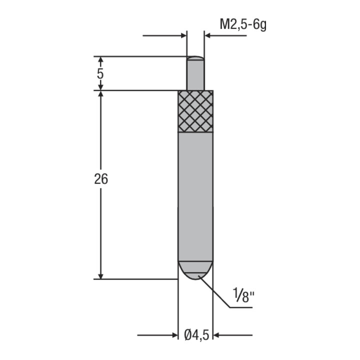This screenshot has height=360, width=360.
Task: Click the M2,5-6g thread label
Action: tap(243, 24)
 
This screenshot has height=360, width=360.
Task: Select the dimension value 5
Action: tap(100, 73)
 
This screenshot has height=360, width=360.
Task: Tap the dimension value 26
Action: tap(101, 179)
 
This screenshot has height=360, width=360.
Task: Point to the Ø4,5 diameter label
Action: tap(196, 335)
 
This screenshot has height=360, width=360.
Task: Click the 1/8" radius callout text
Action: tap(244, 295)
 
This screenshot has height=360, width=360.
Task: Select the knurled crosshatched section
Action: tap(195, 111)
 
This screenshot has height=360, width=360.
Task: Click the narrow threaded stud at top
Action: tap(195, 73)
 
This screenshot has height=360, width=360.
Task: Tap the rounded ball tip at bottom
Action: tap(195, 270)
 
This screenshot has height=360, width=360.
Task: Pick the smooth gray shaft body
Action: tap(195, 197)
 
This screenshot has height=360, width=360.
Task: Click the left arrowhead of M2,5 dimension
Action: tap(184, 35)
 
